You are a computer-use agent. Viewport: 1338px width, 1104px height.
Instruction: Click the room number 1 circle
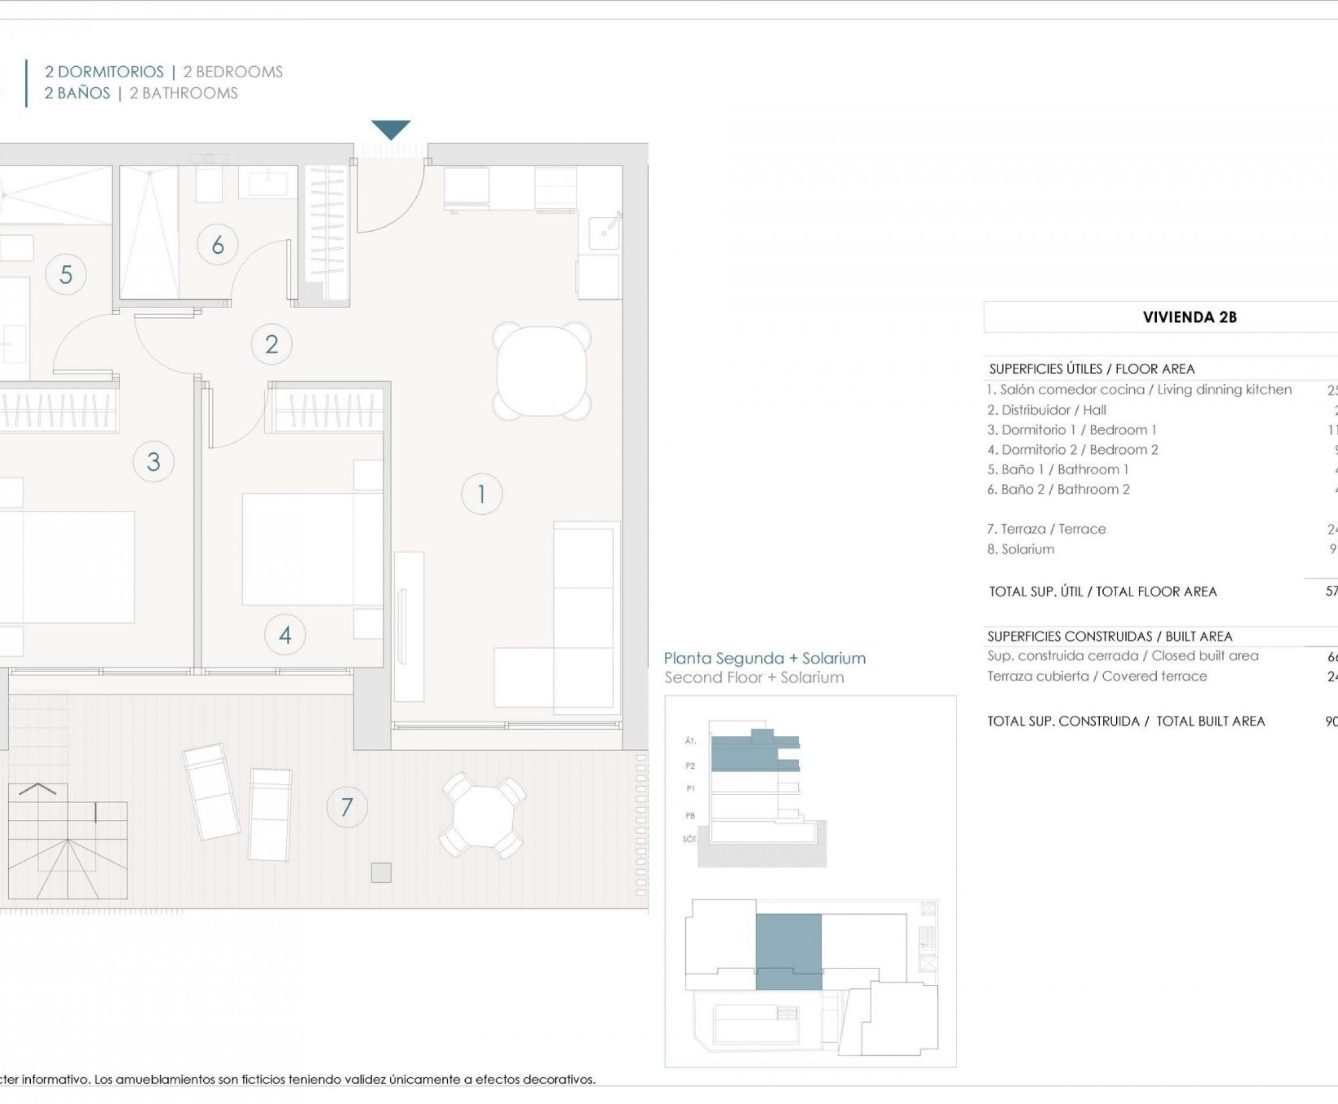point(481,494)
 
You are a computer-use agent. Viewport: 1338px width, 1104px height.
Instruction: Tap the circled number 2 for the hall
point(271,344)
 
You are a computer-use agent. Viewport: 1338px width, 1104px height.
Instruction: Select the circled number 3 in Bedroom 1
point(153,462)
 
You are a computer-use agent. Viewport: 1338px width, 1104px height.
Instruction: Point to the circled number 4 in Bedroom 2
point(285,635)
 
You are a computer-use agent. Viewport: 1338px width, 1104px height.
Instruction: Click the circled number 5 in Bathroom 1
point(66,275)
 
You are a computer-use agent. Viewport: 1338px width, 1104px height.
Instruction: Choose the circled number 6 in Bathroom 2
point(217,245)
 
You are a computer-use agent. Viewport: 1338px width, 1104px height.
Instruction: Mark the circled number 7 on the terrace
point(347,807)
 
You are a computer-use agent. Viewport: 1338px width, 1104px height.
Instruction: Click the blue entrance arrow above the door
point(391,129)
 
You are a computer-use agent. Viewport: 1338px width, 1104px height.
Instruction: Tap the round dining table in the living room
point(542,371)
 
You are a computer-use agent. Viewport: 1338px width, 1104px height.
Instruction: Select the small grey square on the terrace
point(381,873)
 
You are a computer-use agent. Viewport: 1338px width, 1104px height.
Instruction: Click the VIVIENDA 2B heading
point(1189,317)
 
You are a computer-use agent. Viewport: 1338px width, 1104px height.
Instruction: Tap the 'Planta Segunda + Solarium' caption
point(764,658)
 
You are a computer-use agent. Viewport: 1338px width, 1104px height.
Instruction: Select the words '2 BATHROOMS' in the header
point(184,94)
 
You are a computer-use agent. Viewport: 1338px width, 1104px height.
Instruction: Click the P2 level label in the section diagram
point(690,766)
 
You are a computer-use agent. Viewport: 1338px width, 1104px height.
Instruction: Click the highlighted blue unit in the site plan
point(788,951)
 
